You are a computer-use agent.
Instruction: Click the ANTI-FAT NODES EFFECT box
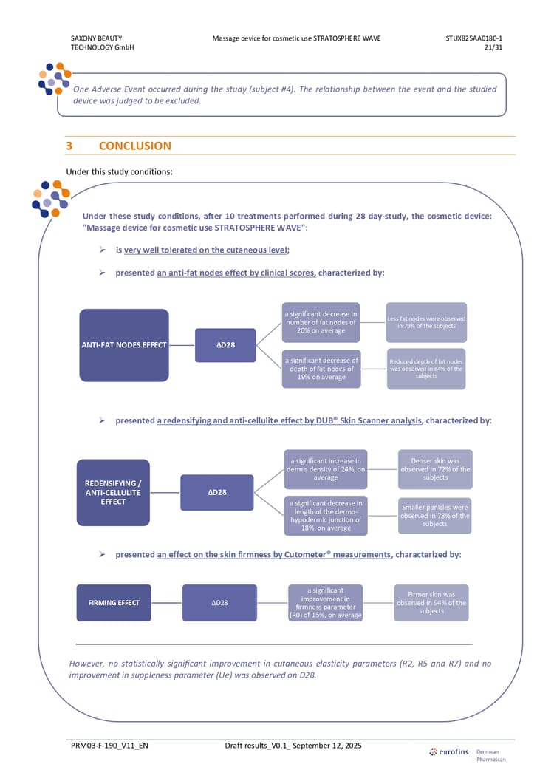124,345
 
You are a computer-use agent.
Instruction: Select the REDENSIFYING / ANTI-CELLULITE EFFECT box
113,493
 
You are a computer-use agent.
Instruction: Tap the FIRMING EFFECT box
114,603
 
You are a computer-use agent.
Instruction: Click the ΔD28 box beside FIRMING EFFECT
219,603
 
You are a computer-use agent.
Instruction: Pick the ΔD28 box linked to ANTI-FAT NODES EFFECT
225,345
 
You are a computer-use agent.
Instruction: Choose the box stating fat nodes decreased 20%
321,322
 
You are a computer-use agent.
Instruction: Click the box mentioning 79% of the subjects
426,322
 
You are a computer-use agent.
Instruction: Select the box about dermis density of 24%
326,469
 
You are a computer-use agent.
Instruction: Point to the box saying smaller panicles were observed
435,516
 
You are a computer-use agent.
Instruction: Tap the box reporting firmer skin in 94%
431,603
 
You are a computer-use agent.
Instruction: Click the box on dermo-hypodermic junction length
326,516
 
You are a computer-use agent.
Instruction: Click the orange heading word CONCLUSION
135,146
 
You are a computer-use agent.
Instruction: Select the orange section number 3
69,146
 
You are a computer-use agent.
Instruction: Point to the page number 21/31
493,47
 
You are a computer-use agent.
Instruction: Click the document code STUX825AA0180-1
474,38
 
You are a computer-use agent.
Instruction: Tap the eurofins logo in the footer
449,751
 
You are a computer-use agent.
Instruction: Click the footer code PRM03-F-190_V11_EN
109,746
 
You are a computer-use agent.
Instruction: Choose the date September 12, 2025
327,746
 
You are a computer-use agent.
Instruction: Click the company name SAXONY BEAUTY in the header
97,38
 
